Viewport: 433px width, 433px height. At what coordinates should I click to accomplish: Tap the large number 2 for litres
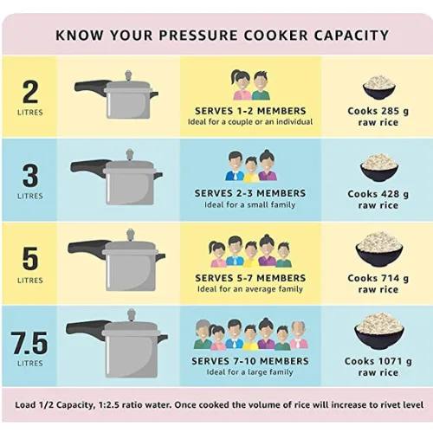[30, 92]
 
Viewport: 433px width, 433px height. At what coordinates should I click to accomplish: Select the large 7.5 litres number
[30, 343]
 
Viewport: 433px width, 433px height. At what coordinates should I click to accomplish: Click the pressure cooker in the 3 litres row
[116, 178]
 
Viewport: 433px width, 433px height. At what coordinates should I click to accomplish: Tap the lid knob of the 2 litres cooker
[128, 76]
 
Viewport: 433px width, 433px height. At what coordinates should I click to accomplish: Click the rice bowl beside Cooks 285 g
[378, 87]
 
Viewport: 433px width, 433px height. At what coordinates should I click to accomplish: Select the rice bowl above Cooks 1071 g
[378, 332]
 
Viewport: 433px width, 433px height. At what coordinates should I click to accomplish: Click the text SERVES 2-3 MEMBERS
[250, 193]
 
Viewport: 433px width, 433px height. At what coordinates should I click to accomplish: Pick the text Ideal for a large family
[249, 372]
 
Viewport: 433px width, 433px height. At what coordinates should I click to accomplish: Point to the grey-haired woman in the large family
[203, 335]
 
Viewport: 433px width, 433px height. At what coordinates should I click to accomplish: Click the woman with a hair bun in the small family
[267, 165]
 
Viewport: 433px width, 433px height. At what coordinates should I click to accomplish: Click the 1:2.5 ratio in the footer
[108, 404]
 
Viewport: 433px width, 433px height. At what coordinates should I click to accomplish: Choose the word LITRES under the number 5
[30, 280]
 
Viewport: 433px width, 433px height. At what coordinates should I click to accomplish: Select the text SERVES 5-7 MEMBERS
[250, 278]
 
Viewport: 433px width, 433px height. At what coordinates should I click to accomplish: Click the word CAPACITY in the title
[352, 36]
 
